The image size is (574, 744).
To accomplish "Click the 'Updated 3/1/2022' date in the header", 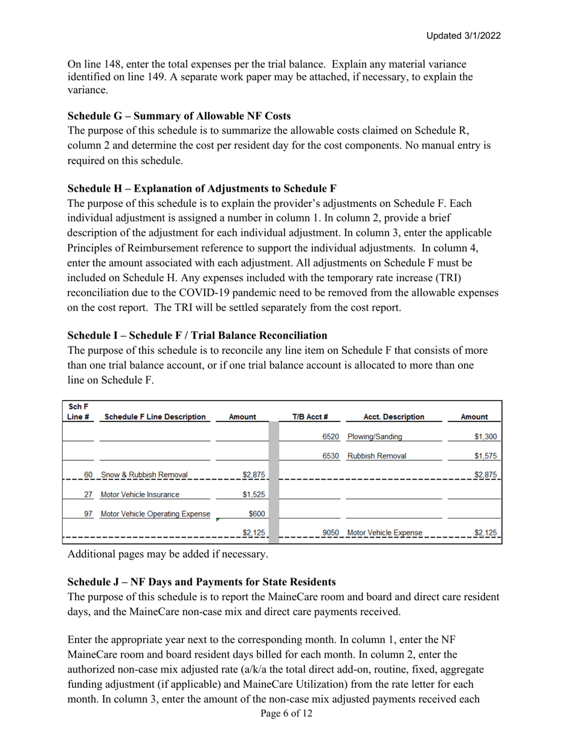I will click(463, 36).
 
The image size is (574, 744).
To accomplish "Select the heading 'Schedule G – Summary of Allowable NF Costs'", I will click(179, 116).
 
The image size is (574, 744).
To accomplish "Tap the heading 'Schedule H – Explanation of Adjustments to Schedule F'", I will click(202, 188).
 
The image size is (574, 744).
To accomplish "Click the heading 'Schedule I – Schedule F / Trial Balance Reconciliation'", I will click(197, 335).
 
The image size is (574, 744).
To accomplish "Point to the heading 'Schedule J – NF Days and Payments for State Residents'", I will click(201, 582).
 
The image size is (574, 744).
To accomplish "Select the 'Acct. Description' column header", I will click(393, 417).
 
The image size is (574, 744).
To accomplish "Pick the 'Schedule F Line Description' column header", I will click(155, 417).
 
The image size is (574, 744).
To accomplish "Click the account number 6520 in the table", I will click(331, 436).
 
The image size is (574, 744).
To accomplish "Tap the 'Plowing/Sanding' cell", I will click(375, 436).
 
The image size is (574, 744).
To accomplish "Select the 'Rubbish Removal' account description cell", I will click(376, 455).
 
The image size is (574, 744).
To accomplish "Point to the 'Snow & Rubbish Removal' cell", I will click(144, 475).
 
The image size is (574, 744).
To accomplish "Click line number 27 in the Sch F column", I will click(88, 494).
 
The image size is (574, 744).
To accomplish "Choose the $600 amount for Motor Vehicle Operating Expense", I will click(256, 514).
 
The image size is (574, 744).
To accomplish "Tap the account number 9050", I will click(331, 533).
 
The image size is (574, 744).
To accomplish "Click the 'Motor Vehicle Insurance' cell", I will click(140, 494).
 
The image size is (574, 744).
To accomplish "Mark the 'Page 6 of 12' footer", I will click(286, 714).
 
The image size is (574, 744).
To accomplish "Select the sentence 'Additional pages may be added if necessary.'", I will click(167, 553).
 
